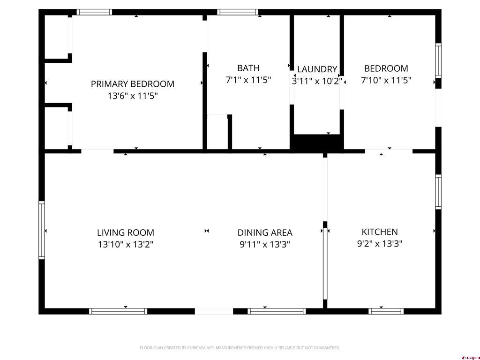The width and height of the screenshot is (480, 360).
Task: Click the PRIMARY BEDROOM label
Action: click(x=133, y=84)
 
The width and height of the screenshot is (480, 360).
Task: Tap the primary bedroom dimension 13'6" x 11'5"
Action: click(x=133, y=96)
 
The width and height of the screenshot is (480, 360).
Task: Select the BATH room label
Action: click(x=248, y=68)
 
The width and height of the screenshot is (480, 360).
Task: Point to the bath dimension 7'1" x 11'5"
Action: click(x=248, y=80)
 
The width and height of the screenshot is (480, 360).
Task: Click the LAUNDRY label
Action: click(x=317, y=69)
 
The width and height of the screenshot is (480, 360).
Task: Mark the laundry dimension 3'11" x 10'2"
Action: click(x=317, y=81)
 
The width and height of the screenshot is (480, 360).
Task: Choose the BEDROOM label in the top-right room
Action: click(x=386, y=68)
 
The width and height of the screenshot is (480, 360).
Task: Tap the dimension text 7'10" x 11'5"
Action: click(x=386, y=80)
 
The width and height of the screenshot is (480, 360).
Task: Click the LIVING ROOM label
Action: click(x=126, y=232)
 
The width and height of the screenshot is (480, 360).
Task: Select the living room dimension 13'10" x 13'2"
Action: click(x=126, y=244)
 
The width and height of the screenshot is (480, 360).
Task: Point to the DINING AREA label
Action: click(x=265, y=232)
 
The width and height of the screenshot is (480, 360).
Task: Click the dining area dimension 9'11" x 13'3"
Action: click(x=265, y=244)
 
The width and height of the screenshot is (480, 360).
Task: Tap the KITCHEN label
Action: click(x=380, y=232)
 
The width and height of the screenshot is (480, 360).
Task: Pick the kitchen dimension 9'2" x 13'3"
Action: click(x=380, y=244)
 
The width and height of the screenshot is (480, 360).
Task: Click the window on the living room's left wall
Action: click(x=42, y=230)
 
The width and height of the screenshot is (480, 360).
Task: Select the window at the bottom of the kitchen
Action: click(x=386, y=311)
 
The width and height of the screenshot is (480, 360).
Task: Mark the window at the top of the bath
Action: click(x=238, y=12)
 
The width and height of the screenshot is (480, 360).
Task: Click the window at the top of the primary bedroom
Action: click(x=94, y=12)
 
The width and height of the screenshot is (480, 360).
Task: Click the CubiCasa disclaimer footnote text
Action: click(x=240, y=348)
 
